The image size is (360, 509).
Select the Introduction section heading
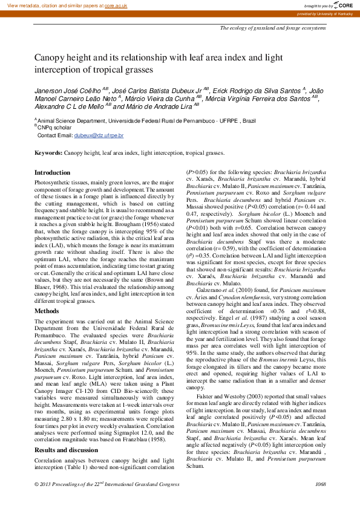[x=52, y=172]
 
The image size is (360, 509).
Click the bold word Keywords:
[x=48, y=154]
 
